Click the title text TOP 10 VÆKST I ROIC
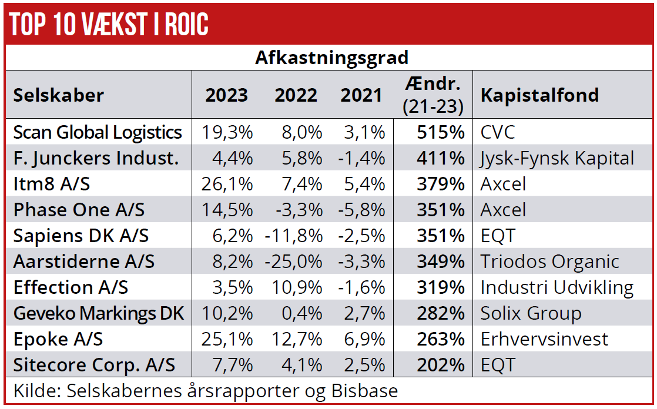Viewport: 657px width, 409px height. click(x=109, y=25)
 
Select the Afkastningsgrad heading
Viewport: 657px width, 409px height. click(x=331, y=58)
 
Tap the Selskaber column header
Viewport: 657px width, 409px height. click(x=59, y=95)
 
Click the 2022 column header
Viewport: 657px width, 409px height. click(x=296, y=95)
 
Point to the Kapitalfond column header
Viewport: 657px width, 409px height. click(x=539, y=95)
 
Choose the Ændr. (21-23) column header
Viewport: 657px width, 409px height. click(x=434, y=95)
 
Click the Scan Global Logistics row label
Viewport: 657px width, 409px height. click(x=98, y=132)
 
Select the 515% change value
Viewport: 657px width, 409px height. click(x=441, y=132)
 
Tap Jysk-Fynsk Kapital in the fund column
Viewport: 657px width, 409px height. click(x=557, y=158)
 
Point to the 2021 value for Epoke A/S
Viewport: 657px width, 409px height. click(x=363, y=339)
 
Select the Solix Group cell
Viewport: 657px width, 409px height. click(x=531, y=313)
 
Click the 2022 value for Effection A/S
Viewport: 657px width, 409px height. click(x=298, y=287)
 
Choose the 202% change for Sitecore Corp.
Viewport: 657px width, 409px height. click(x=441, y=365)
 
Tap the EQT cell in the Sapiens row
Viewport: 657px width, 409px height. click(x=498, y=236)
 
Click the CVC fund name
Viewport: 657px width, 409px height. click(x=498, y=132)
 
